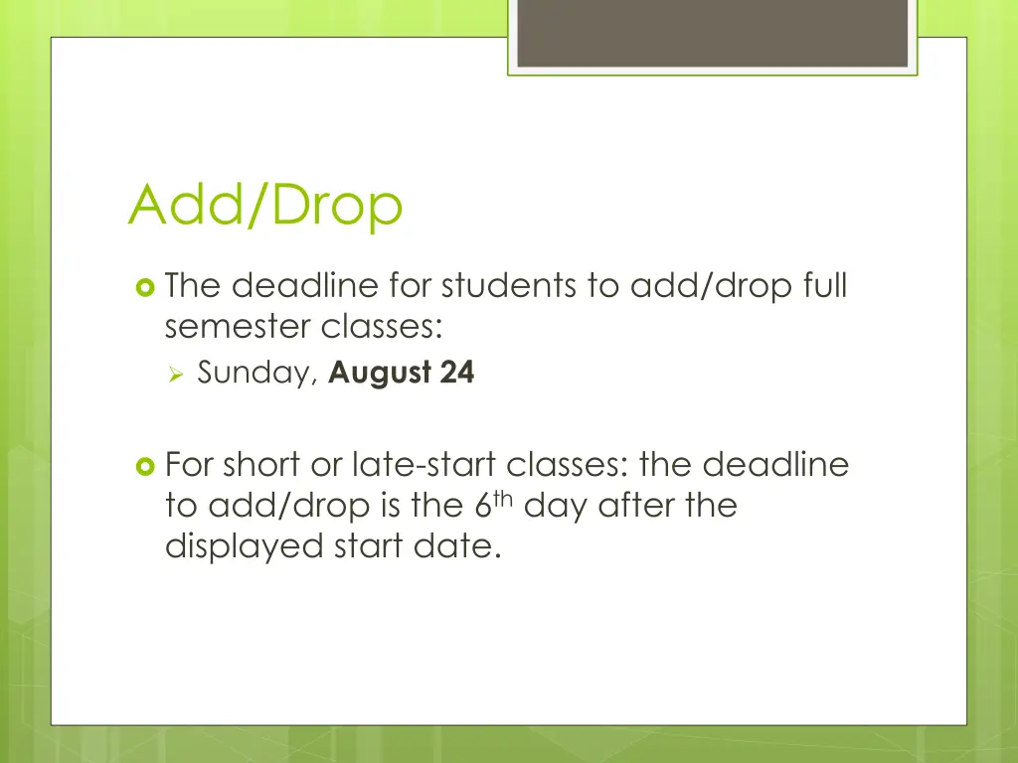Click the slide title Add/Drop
click(265, 206)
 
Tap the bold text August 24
click(402, 374)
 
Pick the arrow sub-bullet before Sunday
click(177, 375)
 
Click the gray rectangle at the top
click(712, 33)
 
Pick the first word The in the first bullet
click(194, 286)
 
